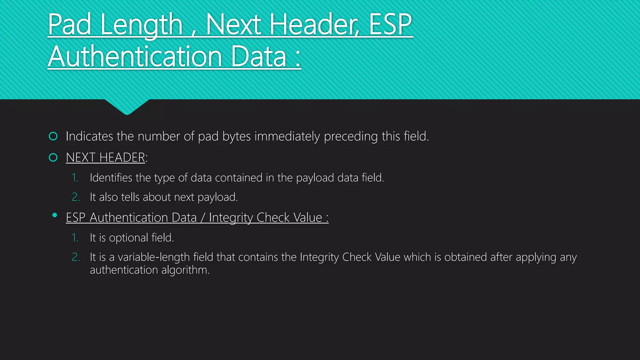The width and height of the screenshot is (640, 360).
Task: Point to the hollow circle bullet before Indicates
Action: (53, 136)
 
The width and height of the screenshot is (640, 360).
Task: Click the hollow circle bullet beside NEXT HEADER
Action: (53, 157)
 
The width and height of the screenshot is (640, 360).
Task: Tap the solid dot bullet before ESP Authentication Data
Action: (55, 215)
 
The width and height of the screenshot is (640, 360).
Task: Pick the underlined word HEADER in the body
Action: (122, 157)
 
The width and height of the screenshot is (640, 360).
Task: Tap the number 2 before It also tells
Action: (76, 197)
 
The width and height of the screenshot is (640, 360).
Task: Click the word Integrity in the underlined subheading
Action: (231, 217)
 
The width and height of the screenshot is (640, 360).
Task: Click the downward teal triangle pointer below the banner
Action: (127, 107)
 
